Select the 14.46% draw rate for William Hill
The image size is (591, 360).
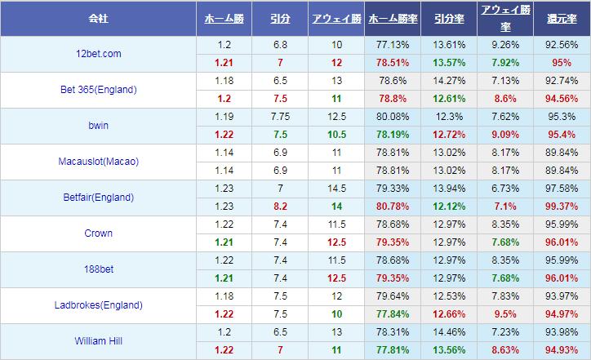(x=449, y=332)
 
